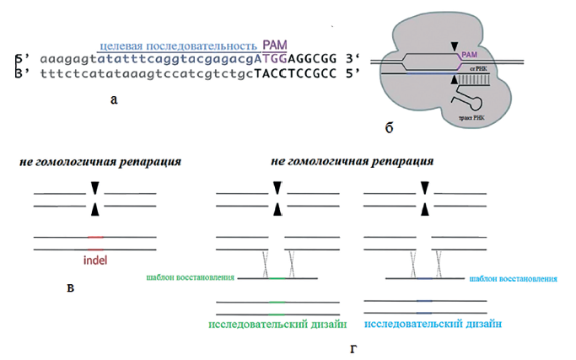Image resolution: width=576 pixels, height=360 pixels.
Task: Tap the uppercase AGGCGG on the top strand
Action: point(310,61)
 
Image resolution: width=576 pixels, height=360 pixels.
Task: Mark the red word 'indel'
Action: point(95,260)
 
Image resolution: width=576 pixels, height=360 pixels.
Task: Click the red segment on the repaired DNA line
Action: point(95,238)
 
